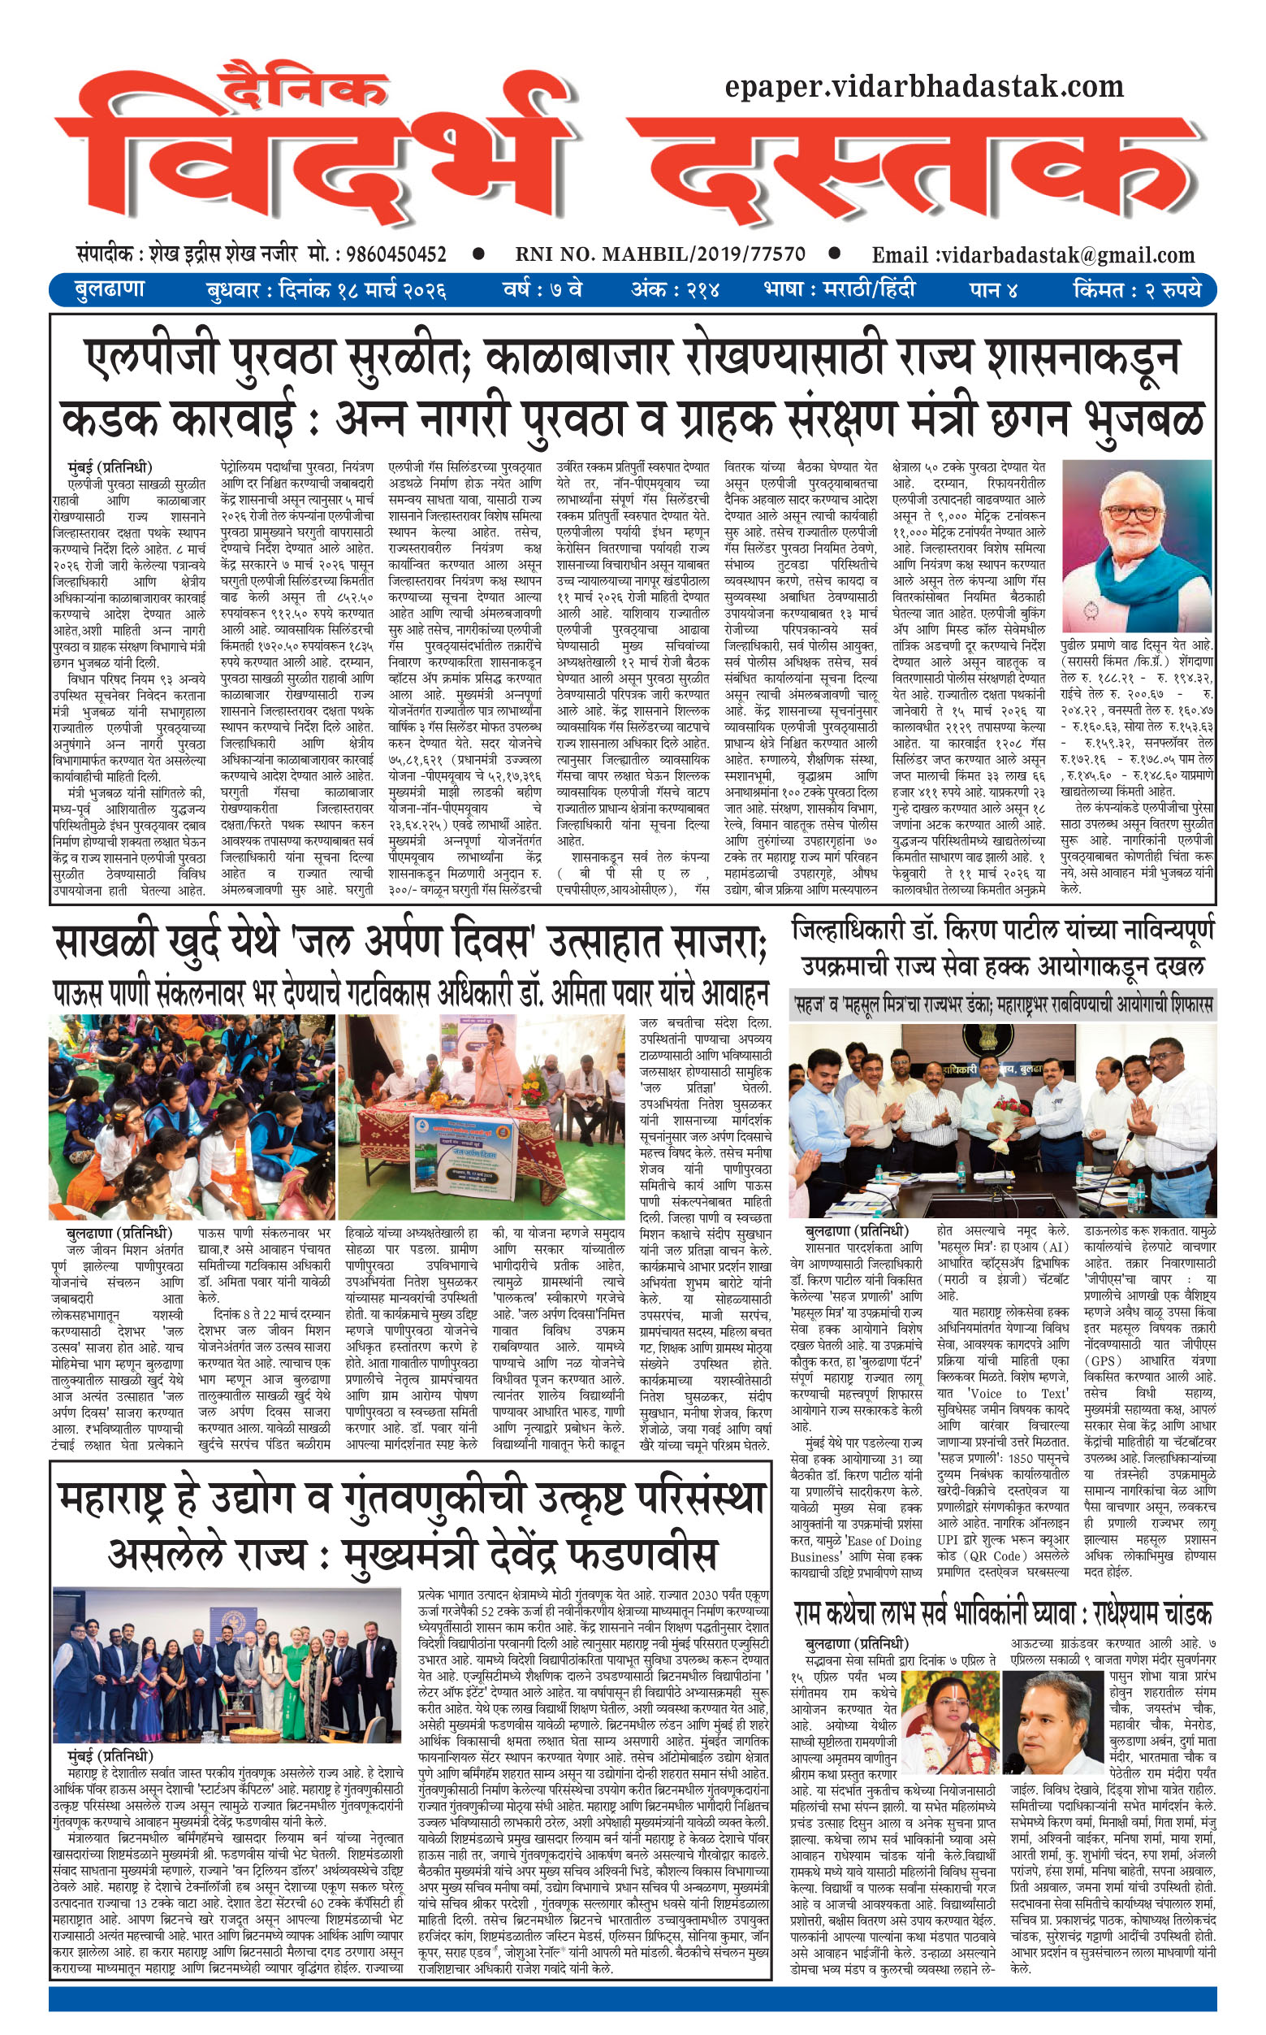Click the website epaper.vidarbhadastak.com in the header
click(923, 86)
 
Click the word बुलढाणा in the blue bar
click(110, 290)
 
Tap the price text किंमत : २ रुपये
click(1136, 291)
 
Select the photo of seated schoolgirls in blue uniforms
click(192, 1116)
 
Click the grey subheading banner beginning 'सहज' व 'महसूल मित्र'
click(1003, 1003)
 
